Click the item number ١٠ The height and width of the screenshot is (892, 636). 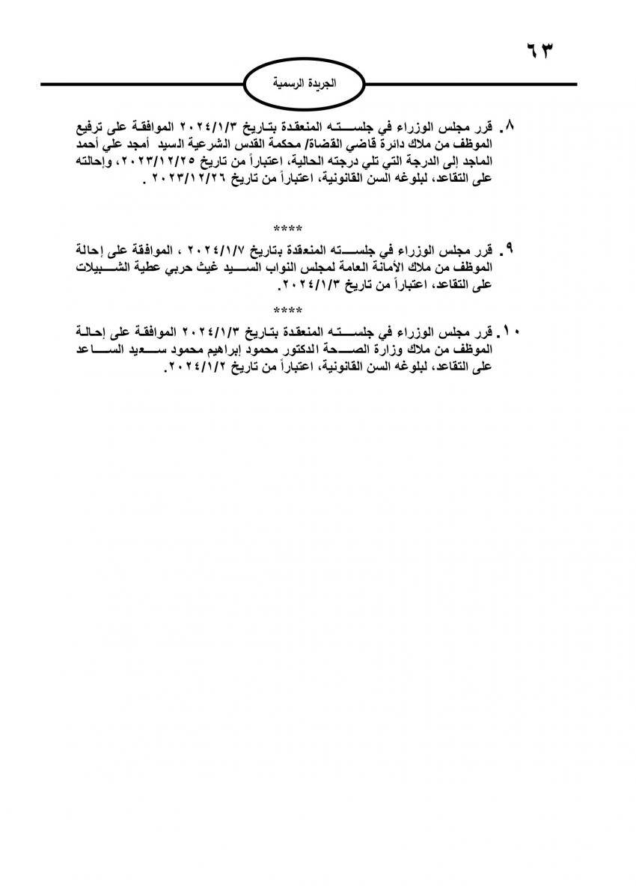pyautogui.click(x=513, y=330)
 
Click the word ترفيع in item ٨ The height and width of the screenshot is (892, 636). pyautogui.click(x=97, y=123)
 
